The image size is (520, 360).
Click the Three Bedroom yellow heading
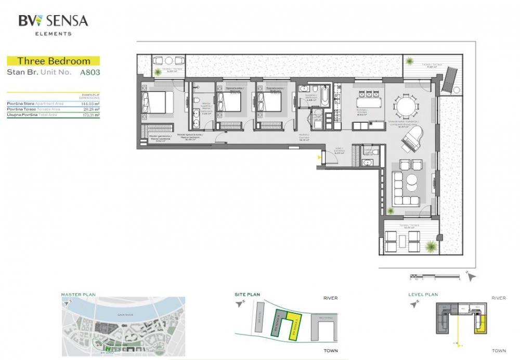pyautogui.click(x=54, y=61)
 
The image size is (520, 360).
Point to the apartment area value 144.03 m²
pyautogui.click(x=87, y=104)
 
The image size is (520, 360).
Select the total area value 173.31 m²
pyautogui.click(x=87, y=114)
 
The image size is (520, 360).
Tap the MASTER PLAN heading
pyautogui.click(x=78, y=294)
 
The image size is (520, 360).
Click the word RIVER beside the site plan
pyautogui.click(x=330, y=298)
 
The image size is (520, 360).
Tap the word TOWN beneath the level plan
pyautogui.click(x=499, y=351)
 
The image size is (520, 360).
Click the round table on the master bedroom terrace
pyautogui.click(x=167, y=60)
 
